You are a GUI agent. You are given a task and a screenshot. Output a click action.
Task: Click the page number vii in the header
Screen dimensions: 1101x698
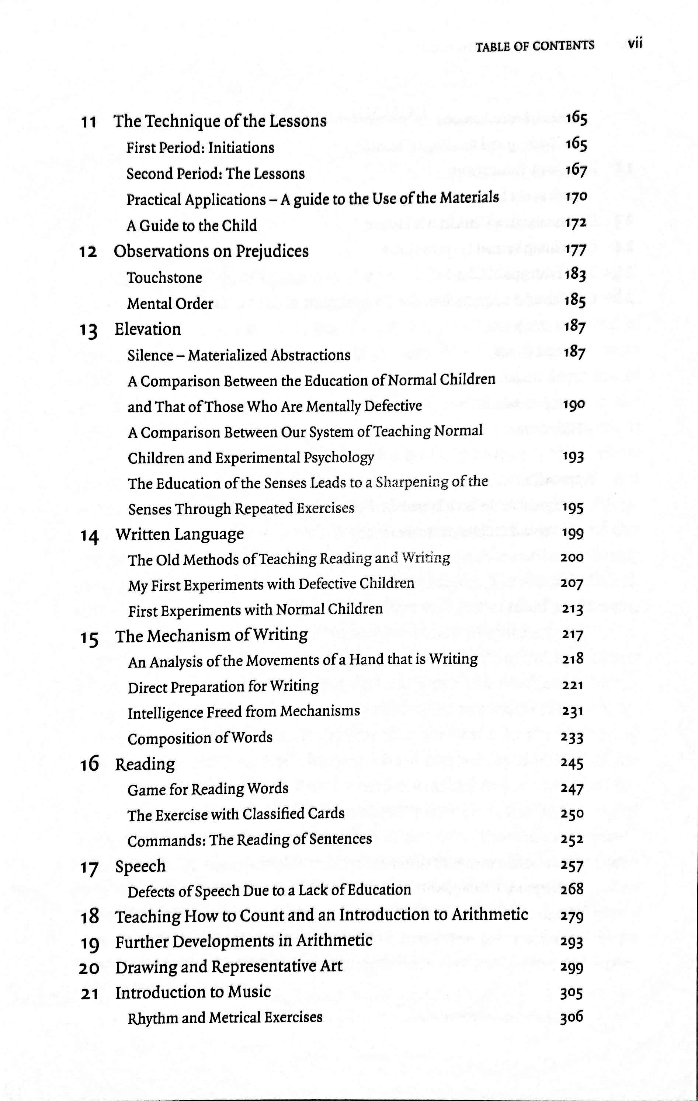[x=635, y=44]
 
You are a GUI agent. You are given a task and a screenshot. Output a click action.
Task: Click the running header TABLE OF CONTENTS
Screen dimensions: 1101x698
[x=535, y=46]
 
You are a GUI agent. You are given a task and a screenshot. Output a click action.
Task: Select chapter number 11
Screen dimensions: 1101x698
[x=89, y=122]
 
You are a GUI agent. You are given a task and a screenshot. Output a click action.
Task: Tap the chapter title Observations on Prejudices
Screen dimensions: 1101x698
[x=211, y=251]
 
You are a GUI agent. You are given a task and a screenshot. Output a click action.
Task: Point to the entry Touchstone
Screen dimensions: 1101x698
[x=164, y=278]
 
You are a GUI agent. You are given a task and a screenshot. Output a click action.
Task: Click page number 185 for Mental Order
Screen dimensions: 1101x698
[x=574, y=300]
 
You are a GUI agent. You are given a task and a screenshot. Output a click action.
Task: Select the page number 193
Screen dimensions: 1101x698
[x=573, y=457]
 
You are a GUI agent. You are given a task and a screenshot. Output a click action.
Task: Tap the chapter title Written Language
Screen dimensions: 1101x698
[x=179, y=534]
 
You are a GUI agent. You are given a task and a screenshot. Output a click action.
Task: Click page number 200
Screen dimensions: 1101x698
[x=572, y=558]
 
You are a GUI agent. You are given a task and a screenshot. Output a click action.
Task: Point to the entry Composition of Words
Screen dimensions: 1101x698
[x=200, y=738]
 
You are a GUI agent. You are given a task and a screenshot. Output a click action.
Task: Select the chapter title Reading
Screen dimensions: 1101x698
[x=145, y=764]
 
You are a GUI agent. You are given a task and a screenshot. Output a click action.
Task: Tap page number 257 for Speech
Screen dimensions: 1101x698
[x=572, y=865]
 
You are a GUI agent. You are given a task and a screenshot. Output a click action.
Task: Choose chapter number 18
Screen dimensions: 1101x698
[x=89, y=916]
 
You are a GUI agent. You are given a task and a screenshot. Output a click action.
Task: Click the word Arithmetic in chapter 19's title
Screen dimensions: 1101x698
[x=334, y=941]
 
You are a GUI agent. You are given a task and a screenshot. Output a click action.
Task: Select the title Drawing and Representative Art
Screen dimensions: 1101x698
[x=229, y=966]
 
